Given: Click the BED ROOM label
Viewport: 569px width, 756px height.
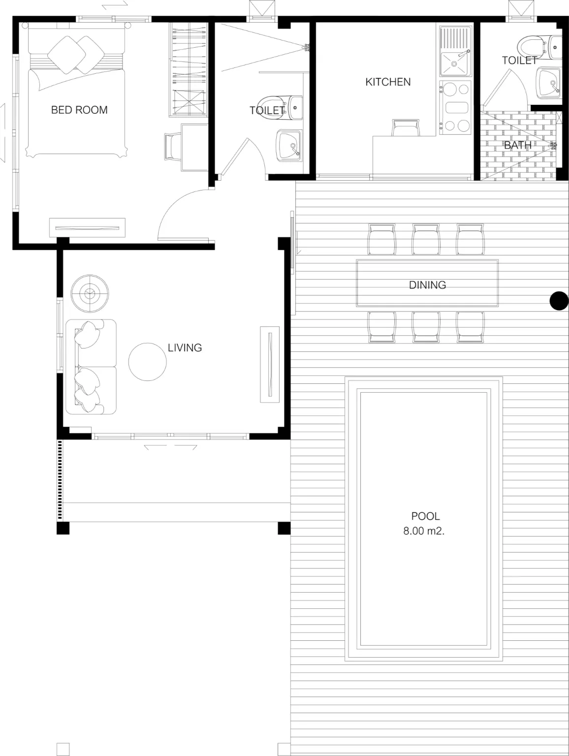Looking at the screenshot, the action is tap(79, 110).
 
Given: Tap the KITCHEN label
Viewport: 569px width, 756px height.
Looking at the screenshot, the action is tap(388, 82).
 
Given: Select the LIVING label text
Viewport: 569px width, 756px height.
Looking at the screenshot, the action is tap(185, 347).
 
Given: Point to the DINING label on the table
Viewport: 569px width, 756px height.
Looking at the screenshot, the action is tap(427, 285).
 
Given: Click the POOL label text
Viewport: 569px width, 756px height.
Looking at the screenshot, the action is tap(425, 516).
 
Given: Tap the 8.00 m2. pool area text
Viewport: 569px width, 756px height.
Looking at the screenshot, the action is tap(424, 531).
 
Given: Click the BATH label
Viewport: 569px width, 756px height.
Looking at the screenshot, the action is tap(518, 145).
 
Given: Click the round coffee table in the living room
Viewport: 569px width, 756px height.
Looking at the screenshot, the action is tap(147, 362).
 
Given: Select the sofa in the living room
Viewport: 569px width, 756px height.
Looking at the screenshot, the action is tap(91, 367).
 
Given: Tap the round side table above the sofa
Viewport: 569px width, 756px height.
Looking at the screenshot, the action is tap(90, 293).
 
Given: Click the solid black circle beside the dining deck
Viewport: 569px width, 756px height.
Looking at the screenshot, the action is tap(559, 301).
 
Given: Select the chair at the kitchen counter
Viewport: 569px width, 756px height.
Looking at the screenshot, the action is tap(406, 127).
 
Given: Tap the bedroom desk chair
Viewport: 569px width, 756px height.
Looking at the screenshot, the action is tap(173, 146).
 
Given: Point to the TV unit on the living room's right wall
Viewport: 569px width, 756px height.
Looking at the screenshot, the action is tap(270, 364).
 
